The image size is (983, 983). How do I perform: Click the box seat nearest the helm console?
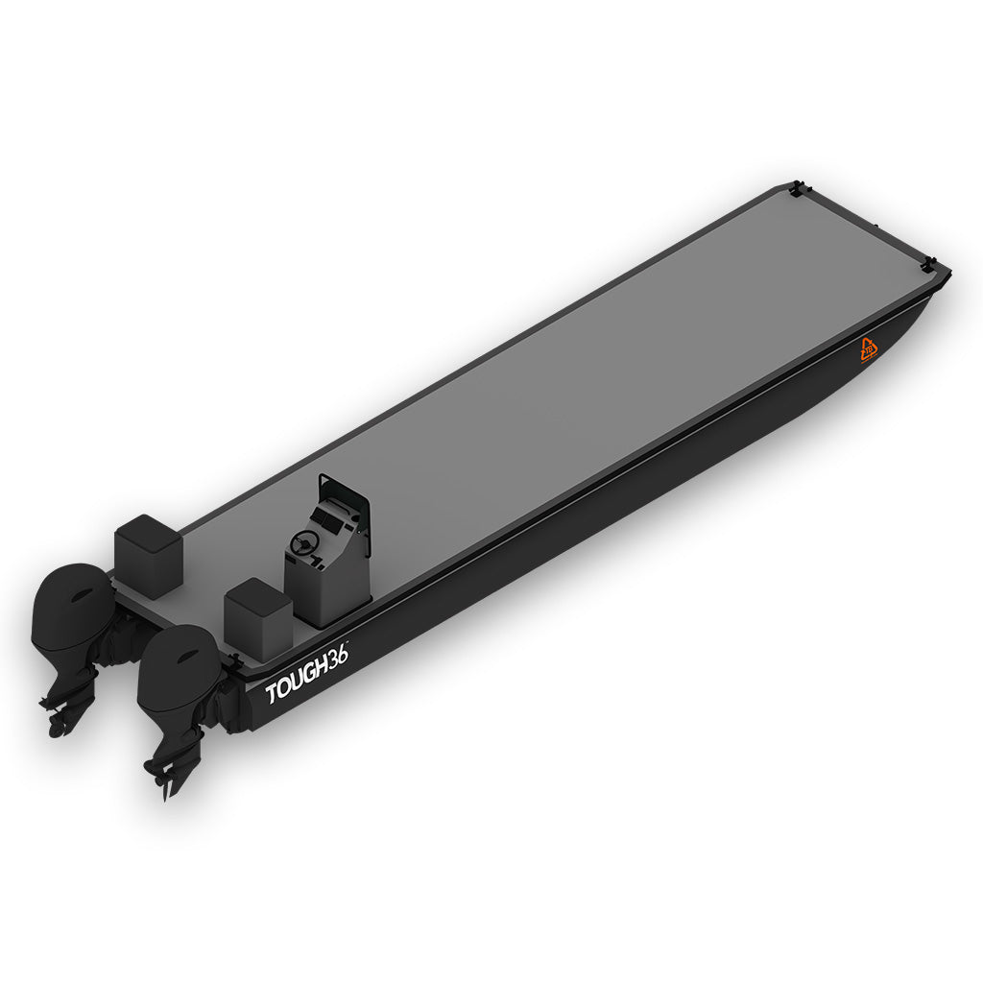tap(257, 611)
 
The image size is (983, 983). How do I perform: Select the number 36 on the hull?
tap(337, 657)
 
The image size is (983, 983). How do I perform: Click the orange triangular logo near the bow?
tap(869, 350)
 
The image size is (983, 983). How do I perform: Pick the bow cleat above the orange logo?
tap(928, 264)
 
